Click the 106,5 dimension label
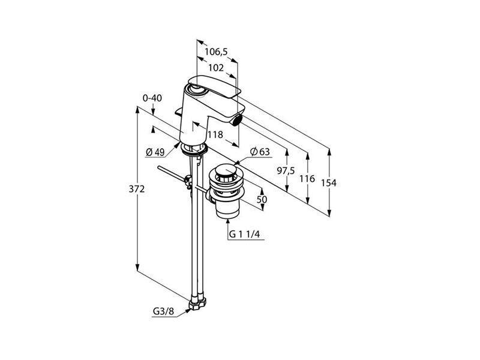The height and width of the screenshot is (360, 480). coord(216,52)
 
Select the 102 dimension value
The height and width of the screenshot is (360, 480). coord(216,68)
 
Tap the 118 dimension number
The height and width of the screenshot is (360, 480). coord(215,134)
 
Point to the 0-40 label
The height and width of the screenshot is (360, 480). coord(152,98)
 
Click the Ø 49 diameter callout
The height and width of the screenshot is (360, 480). coord(155,152)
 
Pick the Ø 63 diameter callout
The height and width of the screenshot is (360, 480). coord(260,152)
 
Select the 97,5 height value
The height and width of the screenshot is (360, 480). coord(286,171)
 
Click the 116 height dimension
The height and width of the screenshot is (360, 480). coord(307,178)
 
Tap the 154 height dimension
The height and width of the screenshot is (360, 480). coord(329,183)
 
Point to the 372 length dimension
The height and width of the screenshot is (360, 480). coord(137,189)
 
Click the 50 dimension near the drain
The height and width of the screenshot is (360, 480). coord(262,200)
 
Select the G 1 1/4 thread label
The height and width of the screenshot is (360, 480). coord(244,235)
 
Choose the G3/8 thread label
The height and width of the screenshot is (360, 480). coord(163,311)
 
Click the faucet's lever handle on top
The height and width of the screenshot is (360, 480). coord(214,86)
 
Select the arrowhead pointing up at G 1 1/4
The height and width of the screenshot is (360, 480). coord(227,221)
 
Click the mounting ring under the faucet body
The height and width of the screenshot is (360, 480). coord(194,149)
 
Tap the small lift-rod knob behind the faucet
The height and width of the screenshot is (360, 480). coord(178,112)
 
